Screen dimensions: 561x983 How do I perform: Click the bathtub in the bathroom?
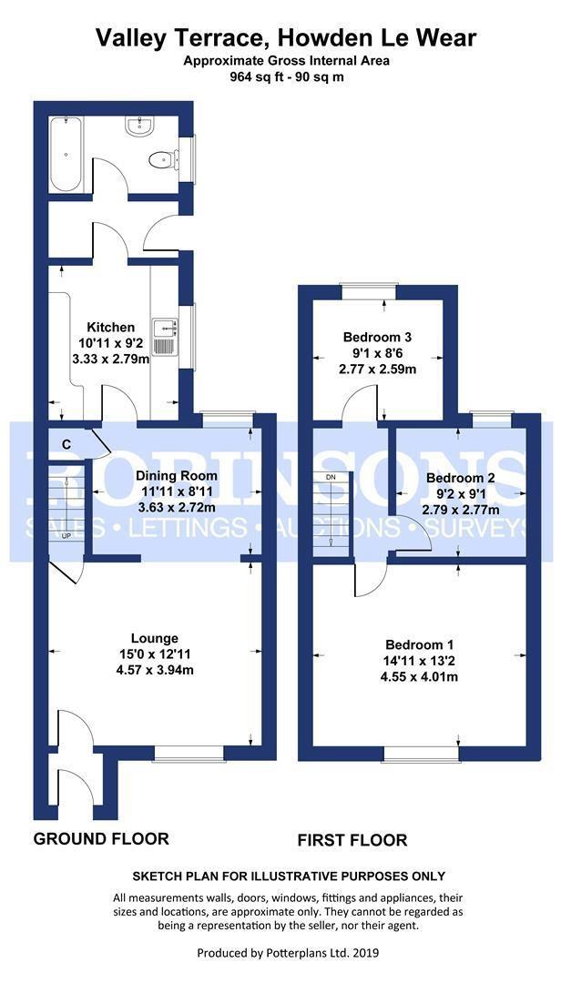[x=66, y=154]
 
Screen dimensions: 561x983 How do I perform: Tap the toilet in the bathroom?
[x=162, y=160]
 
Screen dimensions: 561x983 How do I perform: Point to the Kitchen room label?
[x=110, y=328]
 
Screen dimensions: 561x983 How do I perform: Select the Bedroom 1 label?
[x=419, y=644]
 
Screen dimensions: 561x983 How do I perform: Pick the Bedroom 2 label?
[x=461, y=478]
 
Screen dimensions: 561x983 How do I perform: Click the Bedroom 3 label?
[x=377, y=338]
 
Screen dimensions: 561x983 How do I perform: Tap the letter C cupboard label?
[x=66, y=444]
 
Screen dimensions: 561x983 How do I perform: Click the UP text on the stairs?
[x=66, y=536]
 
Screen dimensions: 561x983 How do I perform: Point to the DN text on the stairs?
[x=331, y=477]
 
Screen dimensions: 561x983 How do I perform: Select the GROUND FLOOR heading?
[x=101, y=838]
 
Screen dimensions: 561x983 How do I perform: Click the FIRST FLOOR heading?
[x=352, y=839]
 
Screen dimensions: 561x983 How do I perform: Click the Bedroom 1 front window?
[x=421, y=754]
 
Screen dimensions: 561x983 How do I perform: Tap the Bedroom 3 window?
[x=368, y=290]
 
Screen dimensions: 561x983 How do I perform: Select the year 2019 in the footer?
[x=366, y=954]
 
